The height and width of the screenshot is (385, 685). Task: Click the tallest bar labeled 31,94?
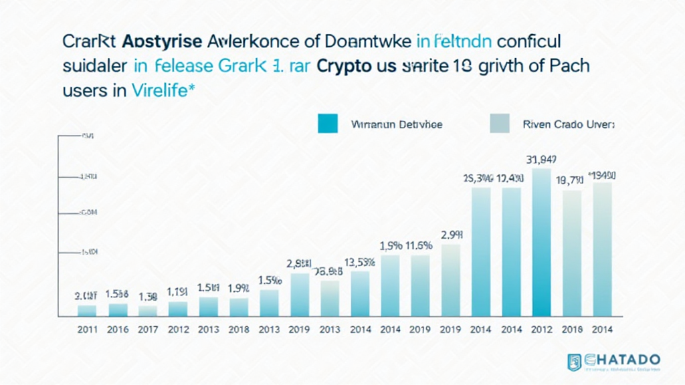(x=541, y=241)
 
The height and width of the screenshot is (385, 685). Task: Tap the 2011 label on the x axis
(x=87, y=330)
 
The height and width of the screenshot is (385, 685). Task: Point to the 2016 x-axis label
(x=117, y=330)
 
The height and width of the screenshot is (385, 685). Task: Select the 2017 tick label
(x=148, y=330)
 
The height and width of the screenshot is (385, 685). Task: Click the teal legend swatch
(x=328, y=124)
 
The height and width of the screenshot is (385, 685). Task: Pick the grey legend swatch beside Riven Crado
(x=499, y=124)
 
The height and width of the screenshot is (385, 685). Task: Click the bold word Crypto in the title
(x=353, y=68)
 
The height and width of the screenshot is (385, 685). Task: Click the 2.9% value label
(x=452, y=235)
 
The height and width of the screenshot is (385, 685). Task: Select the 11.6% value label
(x=419, y=245)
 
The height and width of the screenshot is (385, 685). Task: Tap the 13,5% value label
(x=359, y=261)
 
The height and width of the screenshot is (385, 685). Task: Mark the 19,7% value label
(x=571, y=180)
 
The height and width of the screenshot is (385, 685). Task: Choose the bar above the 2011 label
(x=87, y=310)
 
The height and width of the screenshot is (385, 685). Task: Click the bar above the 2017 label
(x=148, y=311)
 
